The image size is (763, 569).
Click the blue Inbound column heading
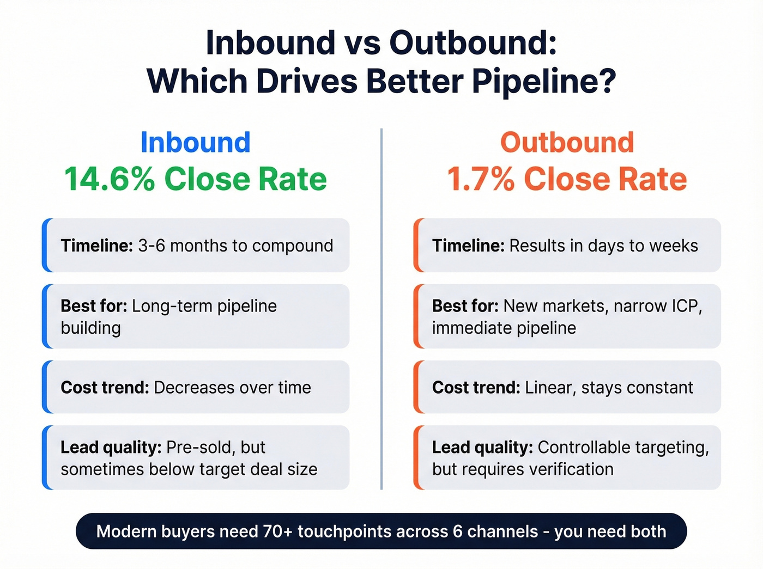(x=196, y=143)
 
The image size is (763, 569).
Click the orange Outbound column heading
(x=567, y=143)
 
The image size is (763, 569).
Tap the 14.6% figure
(x=109, y=179)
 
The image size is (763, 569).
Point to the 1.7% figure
(x=480, y=179)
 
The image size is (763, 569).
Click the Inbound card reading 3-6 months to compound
(x=196, y=246)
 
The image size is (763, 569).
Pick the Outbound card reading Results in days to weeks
(x=567, y=246)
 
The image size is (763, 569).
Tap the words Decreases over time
(x=233, y=388)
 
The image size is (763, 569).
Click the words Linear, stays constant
(x=609, y=388)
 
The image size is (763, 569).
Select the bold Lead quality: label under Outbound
(x=482, y=448)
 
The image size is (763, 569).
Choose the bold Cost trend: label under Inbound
(x=105, y=388)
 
